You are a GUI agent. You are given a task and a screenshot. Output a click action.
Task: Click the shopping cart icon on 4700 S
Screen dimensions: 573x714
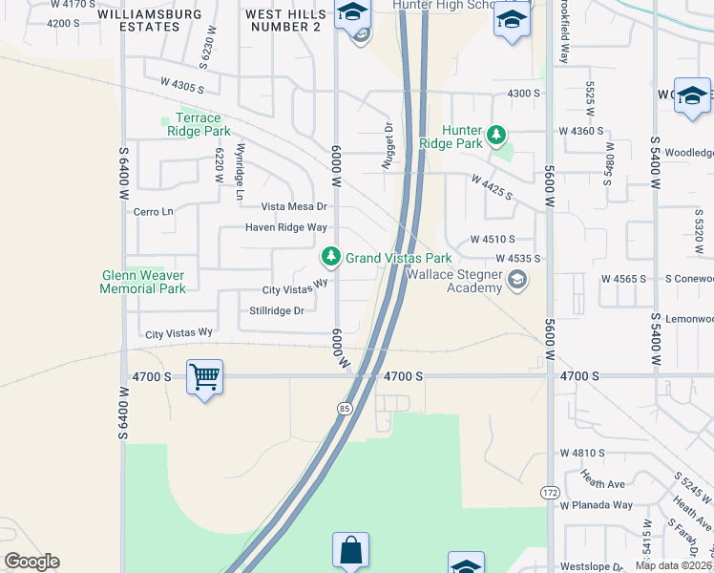click(204, 378)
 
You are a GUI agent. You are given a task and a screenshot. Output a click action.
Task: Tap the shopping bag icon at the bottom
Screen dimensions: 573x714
click(350, 550)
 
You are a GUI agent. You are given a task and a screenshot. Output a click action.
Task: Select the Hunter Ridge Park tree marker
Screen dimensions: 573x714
click(495, 136)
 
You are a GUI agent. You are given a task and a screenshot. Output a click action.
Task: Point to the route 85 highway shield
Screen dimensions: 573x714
click(343, 408)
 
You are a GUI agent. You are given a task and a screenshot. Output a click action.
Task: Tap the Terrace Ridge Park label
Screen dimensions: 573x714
click(199, 124)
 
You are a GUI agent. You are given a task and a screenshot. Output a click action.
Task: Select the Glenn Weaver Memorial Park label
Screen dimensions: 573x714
click(143, 282)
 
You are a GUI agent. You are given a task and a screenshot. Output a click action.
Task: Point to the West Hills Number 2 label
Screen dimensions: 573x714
click(283, 21)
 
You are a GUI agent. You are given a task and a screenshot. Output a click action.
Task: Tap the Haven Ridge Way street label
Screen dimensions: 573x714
click(285, 227)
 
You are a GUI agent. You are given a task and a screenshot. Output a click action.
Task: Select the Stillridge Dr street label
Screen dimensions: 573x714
click(276, 310)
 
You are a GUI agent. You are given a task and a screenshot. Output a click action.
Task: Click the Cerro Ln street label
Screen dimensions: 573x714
click(154, 211)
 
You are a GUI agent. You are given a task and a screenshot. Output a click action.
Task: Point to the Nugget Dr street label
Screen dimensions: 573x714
click(388, 146)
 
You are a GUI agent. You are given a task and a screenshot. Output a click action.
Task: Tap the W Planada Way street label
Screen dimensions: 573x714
click(597, 505)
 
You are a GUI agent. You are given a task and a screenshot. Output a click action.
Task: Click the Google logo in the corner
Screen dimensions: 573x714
click(31, 562)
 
